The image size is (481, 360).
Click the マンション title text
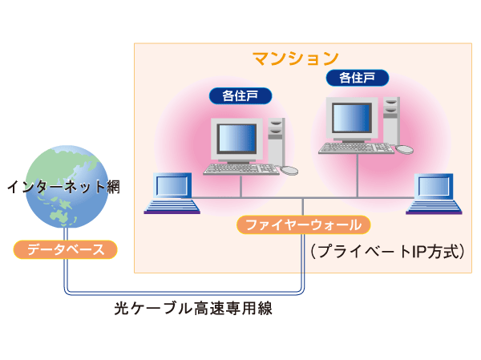pyautogui.click(x=296, y=58)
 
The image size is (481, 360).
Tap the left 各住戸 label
pyautogui.click(x=240, y=96)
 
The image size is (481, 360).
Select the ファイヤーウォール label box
pyautogui.click(x=304, y=224)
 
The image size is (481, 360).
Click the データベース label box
pyautogui.click(x=66, y=249)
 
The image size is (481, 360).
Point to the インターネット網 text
pyautogui.click(x=63, y=188)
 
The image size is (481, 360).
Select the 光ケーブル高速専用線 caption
pyautogui.click(x=193, y=308)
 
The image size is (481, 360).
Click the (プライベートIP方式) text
pyautogui.click(x=388, y=251)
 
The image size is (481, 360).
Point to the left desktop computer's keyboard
pyautogui.click(x=240, y=169)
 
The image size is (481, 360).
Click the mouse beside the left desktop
pyautogui.click(x=289, y=170)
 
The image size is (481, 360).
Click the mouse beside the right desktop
pyautogui.click(x=406, y=149)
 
